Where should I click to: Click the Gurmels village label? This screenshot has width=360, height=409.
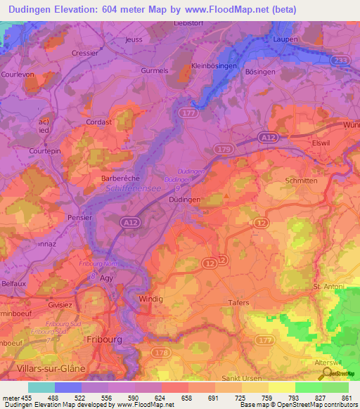point(156,71)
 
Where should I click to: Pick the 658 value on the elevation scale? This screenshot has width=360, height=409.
point(188,398)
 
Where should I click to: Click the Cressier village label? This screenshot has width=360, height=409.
point(85,53)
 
